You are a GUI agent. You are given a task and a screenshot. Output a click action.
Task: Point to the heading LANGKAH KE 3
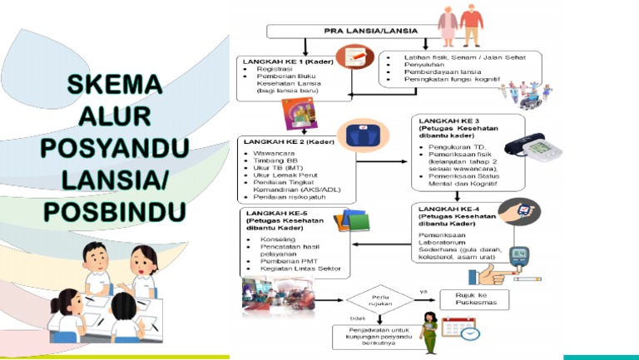449,121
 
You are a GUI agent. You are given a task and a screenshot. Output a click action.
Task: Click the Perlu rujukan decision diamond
379,299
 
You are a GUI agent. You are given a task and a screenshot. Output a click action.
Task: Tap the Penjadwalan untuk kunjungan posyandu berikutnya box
374,337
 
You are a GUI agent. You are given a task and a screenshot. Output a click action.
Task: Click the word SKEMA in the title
114,86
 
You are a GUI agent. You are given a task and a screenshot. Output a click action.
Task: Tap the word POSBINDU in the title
116,211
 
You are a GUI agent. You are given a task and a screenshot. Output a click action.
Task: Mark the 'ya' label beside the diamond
424,291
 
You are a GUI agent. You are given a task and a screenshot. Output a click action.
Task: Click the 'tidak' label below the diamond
357,318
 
